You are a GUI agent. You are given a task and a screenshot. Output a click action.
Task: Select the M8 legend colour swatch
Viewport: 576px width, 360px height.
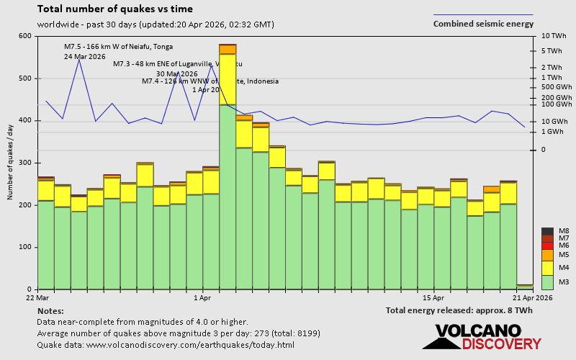547,231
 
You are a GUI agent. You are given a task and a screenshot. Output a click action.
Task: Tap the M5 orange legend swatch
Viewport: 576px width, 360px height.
547,255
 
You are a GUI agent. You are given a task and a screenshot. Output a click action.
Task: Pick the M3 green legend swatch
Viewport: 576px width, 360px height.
547,282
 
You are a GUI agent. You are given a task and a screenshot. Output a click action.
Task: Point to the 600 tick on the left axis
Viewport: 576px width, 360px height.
25,36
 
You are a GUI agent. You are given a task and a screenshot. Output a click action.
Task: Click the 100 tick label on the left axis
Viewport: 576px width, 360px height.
25,247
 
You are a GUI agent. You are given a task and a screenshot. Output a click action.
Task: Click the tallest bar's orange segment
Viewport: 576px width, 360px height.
228,49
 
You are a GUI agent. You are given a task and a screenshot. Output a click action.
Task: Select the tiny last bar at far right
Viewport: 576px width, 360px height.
525,287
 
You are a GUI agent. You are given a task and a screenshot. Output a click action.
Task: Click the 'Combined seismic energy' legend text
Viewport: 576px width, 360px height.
483,24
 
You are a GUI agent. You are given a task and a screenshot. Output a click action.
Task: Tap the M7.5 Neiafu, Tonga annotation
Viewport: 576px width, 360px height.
118,47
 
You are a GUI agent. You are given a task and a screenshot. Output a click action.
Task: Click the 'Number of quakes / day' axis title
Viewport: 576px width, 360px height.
11,162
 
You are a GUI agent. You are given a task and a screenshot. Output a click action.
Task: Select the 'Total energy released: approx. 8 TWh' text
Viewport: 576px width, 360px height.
459,310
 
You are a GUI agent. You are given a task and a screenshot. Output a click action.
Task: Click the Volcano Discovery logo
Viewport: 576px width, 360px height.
482,337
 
